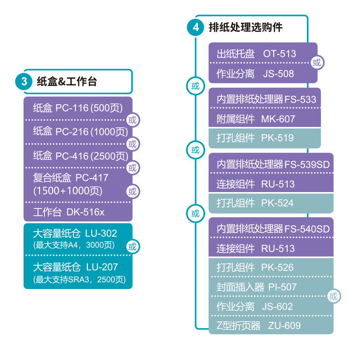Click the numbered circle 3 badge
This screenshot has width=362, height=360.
(24, 82)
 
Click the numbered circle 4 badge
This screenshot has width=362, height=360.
(195, 28)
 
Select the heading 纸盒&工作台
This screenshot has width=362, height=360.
(67, 82)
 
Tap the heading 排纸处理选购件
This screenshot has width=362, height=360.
(245, 27)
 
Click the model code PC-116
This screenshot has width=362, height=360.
(72, 108)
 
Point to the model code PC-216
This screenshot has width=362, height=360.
(72, 132)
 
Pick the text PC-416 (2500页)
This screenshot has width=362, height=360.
(92, 156)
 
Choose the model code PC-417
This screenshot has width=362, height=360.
(92, 178)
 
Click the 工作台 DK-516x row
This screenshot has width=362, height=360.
(69, 212)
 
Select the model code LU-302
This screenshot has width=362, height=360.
(101, 234)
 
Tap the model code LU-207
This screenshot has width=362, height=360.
(102, 267)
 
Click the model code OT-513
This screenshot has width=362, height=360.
(279, 54)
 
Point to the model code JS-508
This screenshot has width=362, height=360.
(278, 74)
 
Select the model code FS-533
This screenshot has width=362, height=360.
(300, 99)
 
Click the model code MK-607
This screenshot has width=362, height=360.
(278, 119)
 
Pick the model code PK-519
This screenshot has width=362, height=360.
(277, 138)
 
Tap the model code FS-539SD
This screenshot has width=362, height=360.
(307, 165)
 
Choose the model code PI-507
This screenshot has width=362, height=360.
(282, 287)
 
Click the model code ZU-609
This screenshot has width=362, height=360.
(284, 326)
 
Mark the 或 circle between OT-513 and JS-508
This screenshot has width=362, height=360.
(317, 63)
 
